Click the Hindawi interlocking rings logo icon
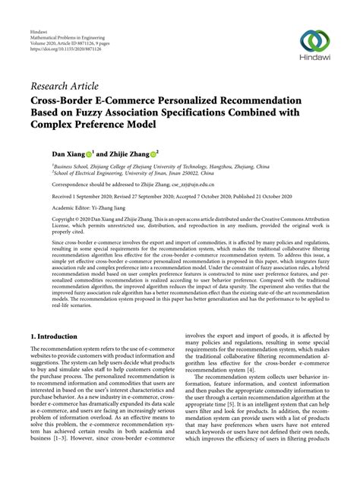point(317,40)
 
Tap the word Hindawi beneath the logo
point(317,62)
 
